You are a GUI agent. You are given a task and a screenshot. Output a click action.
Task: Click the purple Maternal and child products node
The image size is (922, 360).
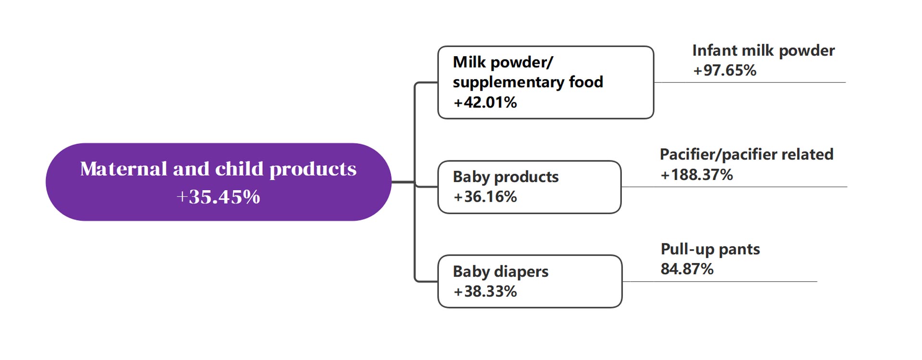218,182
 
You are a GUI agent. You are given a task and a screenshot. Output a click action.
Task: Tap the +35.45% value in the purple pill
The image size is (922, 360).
218,197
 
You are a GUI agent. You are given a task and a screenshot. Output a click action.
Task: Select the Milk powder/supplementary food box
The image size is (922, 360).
546,83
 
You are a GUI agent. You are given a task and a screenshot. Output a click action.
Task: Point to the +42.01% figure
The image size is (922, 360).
485,102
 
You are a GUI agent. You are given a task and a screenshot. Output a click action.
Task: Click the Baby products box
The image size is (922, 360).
529,187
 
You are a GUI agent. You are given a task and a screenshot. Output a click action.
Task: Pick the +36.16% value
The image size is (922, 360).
485,197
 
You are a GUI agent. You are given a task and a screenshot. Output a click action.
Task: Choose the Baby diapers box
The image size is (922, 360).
530,281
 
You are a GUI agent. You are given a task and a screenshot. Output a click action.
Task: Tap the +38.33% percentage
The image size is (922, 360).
485,291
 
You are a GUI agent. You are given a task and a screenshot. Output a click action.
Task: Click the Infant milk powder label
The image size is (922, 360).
764,51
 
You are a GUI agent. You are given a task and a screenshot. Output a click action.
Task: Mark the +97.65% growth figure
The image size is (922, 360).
725,71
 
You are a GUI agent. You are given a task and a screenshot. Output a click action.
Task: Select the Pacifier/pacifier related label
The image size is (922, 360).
747,155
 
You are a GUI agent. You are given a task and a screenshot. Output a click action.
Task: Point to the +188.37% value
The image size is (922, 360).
697,175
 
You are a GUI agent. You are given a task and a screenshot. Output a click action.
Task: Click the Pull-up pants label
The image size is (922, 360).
710,249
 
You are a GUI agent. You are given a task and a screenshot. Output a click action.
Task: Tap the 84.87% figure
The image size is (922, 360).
687,269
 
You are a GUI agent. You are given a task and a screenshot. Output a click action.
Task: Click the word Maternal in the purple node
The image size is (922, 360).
124,169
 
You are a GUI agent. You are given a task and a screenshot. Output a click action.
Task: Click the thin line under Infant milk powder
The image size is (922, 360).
750,83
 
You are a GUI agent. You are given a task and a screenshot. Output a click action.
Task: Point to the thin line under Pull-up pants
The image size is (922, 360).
719,281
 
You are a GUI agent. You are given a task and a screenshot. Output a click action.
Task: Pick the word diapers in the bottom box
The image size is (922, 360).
522,272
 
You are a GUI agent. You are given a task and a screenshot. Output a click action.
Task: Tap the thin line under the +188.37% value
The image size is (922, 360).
734,187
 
